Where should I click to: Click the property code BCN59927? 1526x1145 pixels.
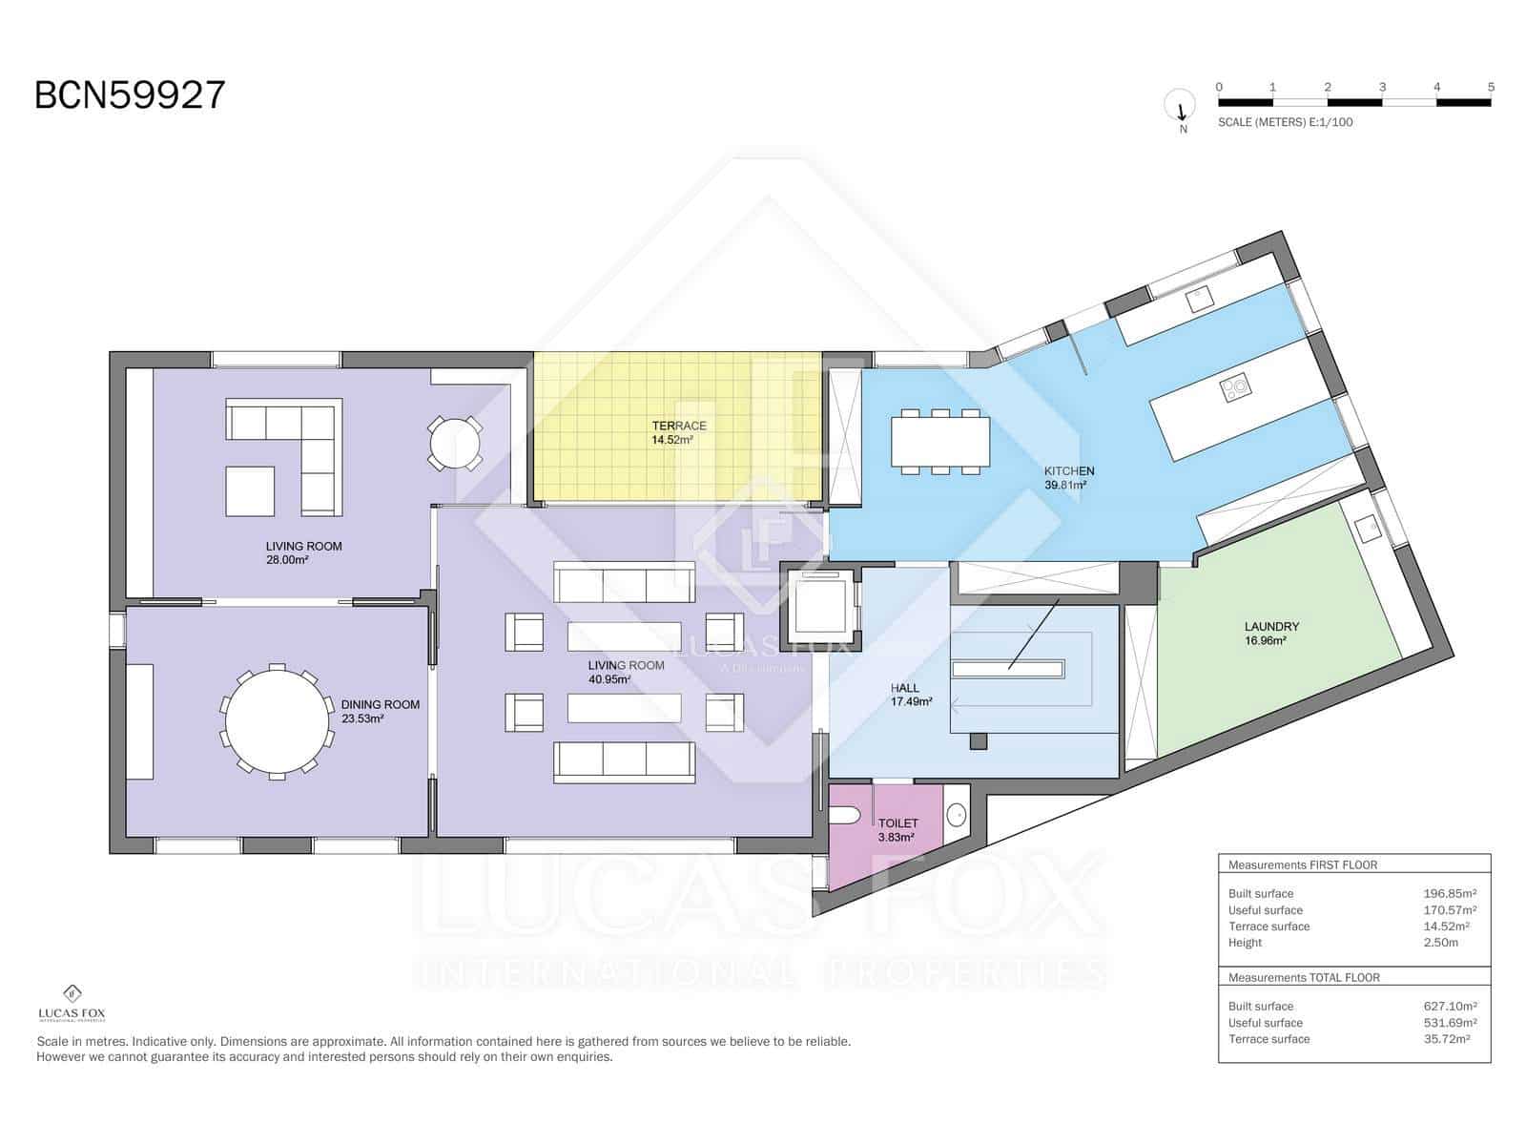pyautogui.click(x=130, y=95)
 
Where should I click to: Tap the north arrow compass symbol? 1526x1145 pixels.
pyautogui.click(x=1180, y=106)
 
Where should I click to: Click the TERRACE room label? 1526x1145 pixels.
pyautogui.click(x=679, y=426)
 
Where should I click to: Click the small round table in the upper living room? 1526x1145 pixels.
pyautogui.click(x=455, y=443)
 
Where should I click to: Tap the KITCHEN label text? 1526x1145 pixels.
pyautogui.click(x=1068, y=471)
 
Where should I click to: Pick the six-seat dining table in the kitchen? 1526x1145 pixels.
pyautogui.click(x=940, y=443)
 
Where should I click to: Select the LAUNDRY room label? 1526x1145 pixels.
pyautogui.click(x=1271, y=627)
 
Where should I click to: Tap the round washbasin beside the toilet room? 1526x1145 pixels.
pyautogui.click(x=957, y=815)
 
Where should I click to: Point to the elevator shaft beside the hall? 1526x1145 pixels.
pyautogui.click(x=820, y=608)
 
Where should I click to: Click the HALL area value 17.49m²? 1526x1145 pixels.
pyautogui.click(x=911, y=701)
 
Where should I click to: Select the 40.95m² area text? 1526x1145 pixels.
pyautogui.click(x=610, y=679)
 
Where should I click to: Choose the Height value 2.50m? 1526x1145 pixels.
pyautogui.click(x=1440, y=943)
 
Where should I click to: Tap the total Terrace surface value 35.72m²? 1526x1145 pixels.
pyautogui.click(x=1446, y=1039)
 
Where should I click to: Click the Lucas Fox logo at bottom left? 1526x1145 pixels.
pyautogui.click(x=72, y=1003)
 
